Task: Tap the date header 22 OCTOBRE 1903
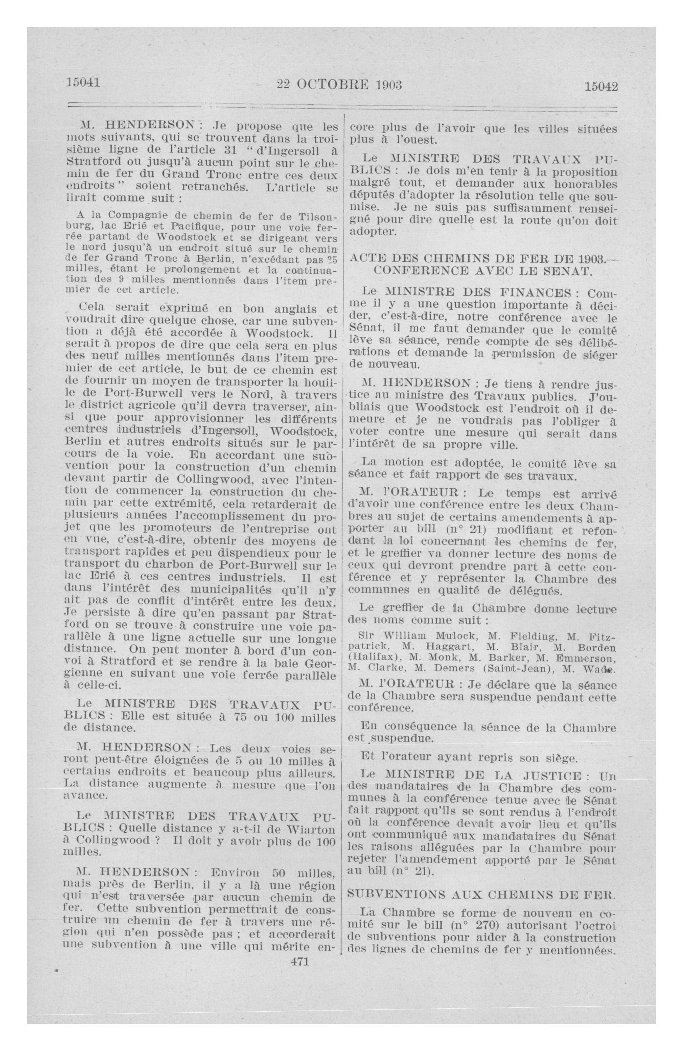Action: (x=339, y=84)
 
